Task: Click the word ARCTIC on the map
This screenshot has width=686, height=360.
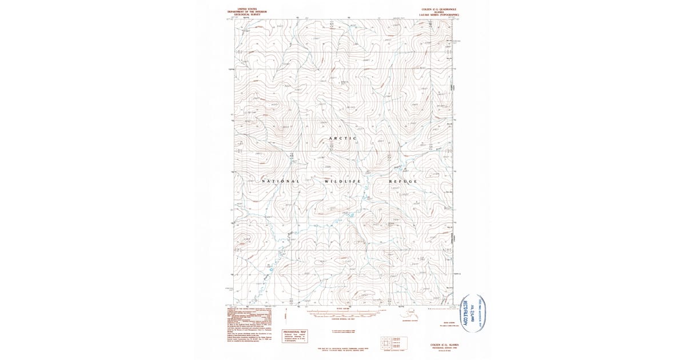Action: pyautogui.click(x=343, y=138)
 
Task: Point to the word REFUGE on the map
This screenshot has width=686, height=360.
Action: pyautogui.click(x=404, y=181)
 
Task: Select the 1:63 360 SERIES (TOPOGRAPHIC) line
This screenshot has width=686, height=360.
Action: pyautogui.click(x=439, y=14)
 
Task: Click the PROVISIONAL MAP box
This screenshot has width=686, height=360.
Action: pyautogui.click(x=295, y=337)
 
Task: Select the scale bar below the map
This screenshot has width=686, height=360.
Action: pyautogui.click(x=343, y=313)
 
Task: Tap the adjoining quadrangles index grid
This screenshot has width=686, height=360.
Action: pyautogui.click(x=386, y=341)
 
